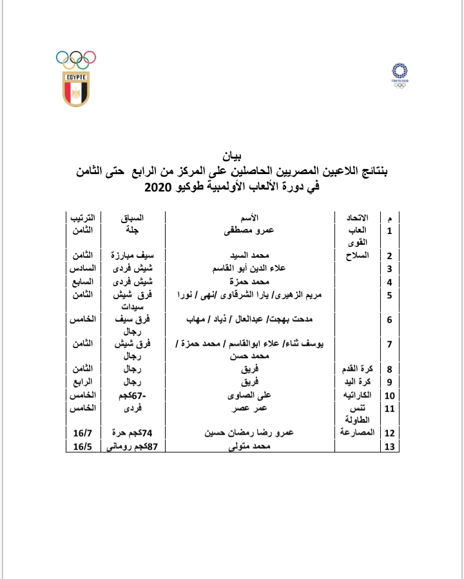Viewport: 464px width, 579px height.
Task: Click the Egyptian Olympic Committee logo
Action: (x=76, y=78)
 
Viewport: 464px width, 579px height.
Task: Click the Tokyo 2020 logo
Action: (x=400, y=75)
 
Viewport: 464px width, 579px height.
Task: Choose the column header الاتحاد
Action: (x=356, y=218)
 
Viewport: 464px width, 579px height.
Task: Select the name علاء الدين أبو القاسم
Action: (x=253, y=268)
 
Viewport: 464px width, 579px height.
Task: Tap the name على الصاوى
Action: (x=254, y=395)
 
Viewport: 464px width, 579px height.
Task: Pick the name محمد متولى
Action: (x=254, y=446)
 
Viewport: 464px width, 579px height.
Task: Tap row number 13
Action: (x=389, y=446)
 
